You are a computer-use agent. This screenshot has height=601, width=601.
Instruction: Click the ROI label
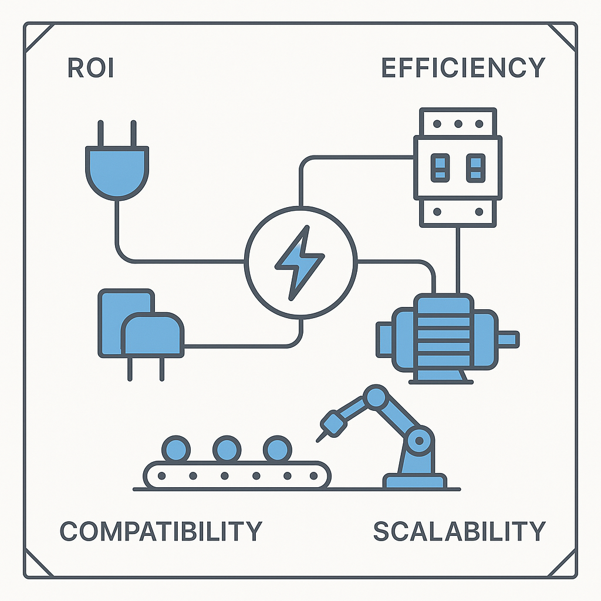[x=90, y=68]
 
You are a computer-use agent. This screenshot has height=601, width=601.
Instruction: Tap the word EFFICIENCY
[x=463, y=68]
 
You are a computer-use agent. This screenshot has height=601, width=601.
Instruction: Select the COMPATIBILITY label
[x=161, y=531]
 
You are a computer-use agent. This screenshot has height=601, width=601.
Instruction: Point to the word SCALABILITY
[x=460, y=531]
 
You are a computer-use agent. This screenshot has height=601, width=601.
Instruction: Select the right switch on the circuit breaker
[x=475, y=167]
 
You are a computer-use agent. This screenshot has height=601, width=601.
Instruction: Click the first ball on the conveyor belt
[x=175, y=450]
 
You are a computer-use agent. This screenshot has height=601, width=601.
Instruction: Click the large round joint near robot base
[x=420, y=439]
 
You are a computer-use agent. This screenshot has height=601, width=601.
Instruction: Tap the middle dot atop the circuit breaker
[x=458, y=123]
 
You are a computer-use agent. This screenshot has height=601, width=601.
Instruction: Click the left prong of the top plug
[x=100, y=133]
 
